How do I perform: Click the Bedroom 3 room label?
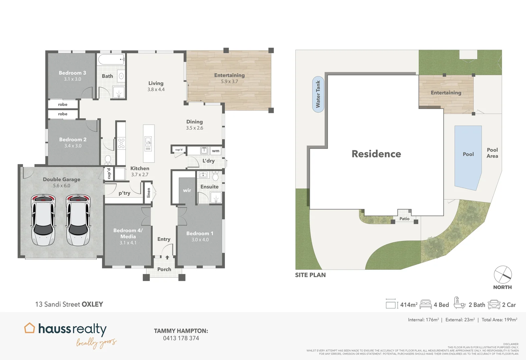(72, 73)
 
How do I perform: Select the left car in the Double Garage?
(43, 220)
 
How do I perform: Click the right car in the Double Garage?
(78, 220)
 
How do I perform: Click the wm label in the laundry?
(215, 151)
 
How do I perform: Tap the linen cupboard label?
(149, 192)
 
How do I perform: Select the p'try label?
(124, 193)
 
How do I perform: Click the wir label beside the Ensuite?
(187, 190)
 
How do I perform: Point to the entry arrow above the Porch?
(167, 257)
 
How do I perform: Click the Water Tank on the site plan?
(318, 94)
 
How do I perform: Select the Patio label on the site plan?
(404, 219)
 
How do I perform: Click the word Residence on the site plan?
(376, 154)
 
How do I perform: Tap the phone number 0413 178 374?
(181, 338)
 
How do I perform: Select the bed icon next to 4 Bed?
(426, 304)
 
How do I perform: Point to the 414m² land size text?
(409, 305)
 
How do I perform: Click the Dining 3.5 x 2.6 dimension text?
(194, 128)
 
